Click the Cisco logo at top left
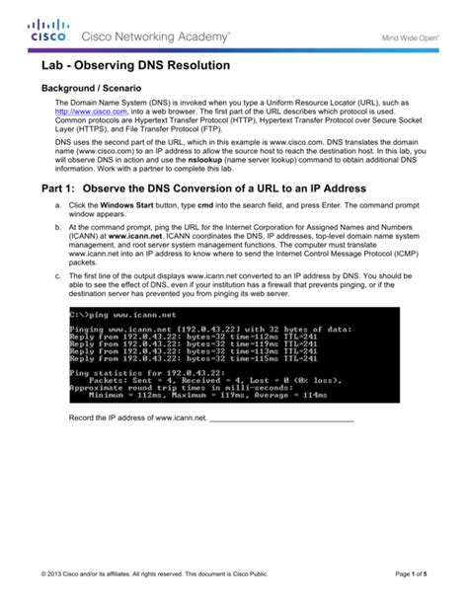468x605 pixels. coord(47,32)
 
